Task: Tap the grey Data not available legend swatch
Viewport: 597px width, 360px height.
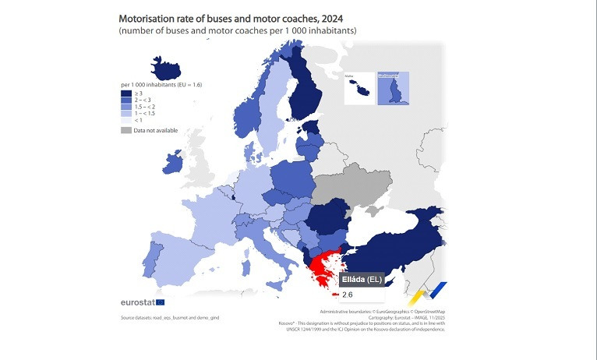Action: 126,130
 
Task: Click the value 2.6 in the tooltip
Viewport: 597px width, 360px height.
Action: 348,295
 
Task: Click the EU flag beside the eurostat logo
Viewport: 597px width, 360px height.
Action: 160,302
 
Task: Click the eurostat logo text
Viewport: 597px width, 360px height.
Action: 137,302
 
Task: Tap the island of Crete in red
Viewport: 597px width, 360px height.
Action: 334,295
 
